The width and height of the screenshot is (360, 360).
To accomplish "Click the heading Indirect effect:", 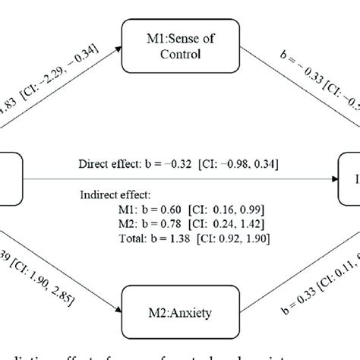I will click(x=115, y=194).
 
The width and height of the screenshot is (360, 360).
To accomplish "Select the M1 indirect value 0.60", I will click(x=148, y=207).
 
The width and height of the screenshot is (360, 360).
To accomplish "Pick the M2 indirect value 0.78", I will click(x=148, y=220).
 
